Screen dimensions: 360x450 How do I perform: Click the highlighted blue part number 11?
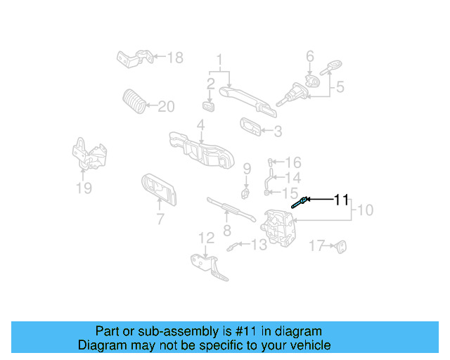(x=298, y=203)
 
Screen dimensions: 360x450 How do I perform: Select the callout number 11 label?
(x=341, y=200)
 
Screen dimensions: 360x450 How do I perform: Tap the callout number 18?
(x=174, y=58)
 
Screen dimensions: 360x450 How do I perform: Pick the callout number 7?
(x=160, y=219)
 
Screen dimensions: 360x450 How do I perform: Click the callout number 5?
(x=340, y=87)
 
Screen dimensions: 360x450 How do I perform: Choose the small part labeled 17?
(x=342, y=246)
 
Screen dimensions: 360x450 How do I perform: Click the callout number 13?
(x=259, y=245)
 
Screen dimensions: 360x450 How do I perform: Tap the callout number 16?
(x=293, y=162)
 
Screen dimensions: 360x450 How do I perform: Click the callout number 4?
(x=200, y=125)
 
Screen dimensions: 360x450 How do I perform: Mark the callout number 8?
(x=226, y=230)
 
